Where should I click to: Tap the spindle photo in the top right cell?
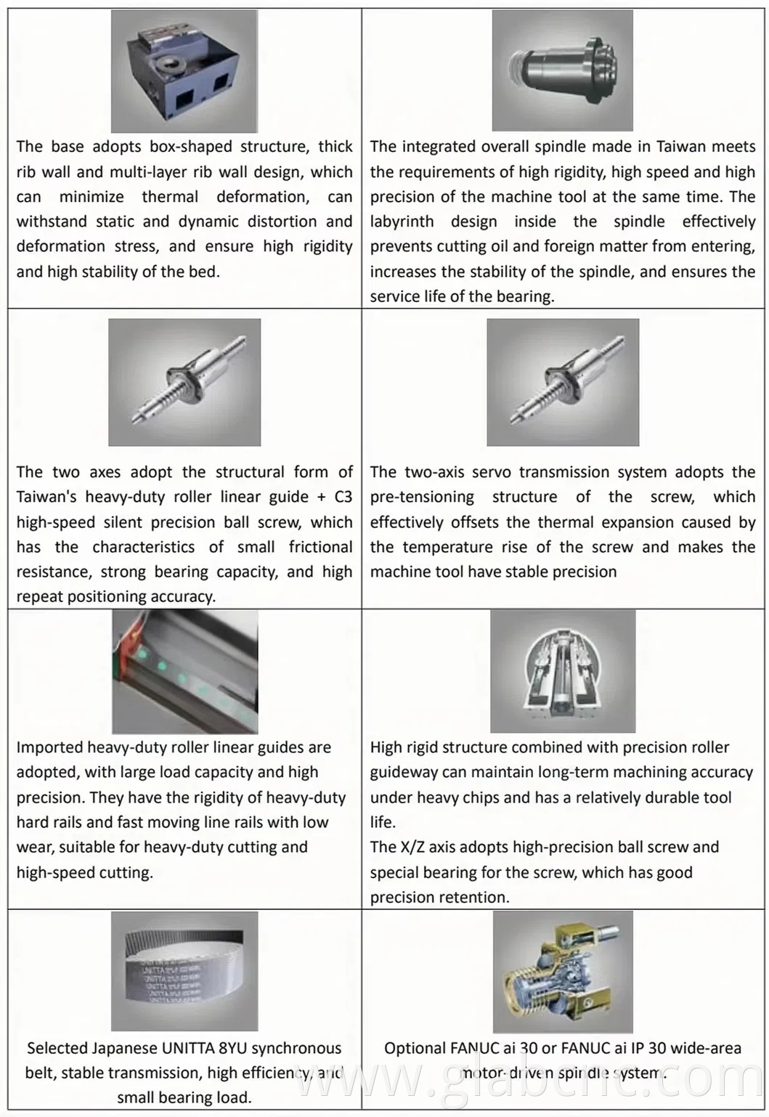[x=562, y=71]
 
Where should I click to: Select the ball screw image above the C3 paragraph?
[x=184, y=382]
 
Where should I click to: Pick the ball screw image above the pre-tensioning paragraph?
[x=563, y=382]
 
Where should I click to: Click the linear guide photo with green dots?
[x=184, y=671]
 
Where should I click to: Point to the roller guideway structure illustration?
[x=563, y=671]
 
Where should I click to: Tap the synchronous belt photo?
[x=184, y=971]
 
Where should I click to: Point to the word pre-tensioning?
[x=421, y=497]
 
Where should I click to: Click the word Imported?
[x=49, y=748]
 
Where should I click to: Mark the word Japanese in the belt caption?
[x=124, y=1049]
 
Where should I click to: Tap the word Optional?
[x=414, y=1049]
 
